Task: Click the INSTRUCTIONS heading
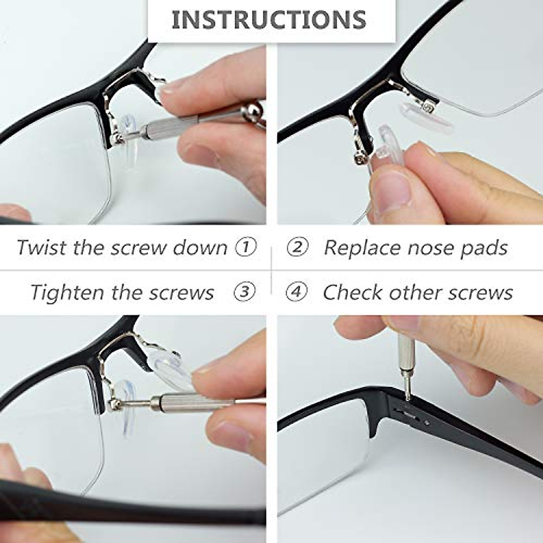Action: (269, 19)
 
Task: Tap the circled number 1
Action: (246, 247)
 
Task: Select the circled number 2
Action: (297, 247)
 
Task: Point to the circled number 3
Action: (245, 291)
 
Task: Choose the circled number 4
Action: (297, 291)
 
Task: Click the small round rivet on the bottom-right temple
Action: (427, 423)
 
